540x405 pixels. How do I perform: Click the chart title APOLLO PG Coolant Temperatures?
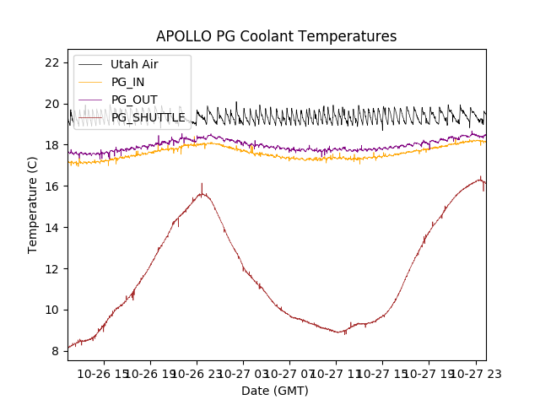pyautogui.click(x=276, y=37)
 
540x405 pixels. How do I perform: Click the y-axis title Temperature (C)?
pyautogui.click(x=33, y=205)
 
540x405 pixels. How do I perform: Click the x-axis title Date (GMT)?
pyautogui.click(x=275, y=391)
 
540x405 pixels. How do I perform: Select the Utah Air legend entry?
pyautogui.click(x=134, y=64)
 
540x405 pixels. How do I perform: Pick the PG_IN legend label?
pyautogui.click(x=127, y=82)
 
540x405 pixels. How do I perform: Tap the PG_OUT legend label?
pyautogui.click(x=133, y=100)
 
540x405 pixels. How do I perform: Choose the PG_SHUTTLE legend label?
pyautogui.click(x=148, y=117)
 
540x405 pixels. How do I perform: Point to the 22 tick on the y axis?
pyautogui.click(x=51, y=62)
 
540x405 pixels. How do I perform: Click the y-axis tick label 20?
pyautogui.click(x=51, y=104)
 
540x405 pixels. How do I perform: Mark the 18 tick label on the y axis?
pyautogui.click(x=51, y=145)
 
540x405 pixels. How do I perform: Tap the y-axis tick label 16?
pyautogui.click(x=51, y=186)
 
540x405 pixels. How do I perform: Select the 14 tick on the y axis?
pyautogui.click(x=51, y=228)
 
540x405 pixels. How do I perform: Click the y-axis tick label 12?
pyautogui.click(x=51, y=268)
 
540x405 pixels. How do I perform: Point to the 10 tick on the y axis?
pyautogui.click(x=51, y=310)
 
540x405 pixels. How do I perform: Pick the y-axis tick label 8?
pyautogui.click(x=55, y=351)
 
